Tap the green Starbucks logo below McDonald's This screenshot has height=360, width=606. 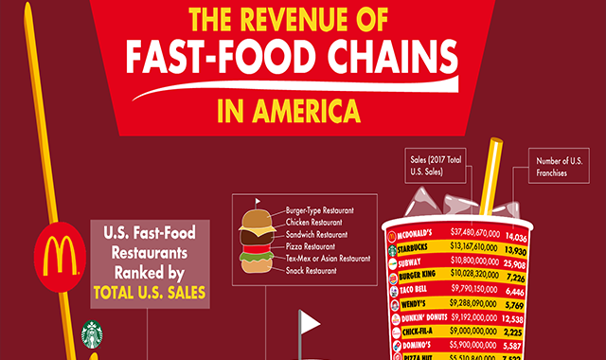point(92,333)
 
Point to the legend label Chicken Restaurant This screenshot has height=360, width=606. point(317,222)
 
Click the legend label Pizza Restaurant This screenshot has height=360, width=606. point(312,246)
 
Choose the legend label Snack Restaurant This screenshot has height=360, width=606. point(313,271)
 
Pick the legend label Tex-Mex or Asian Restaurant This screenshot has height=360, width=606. point(328,259)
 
